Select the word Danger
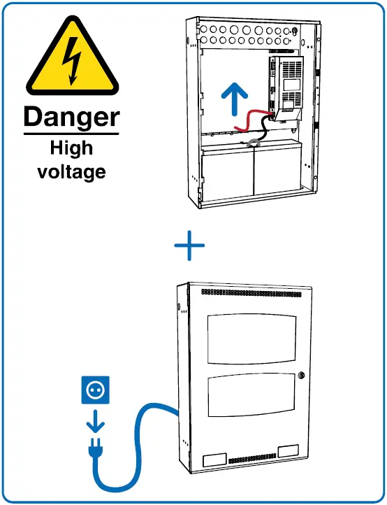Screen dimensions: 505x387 click(71, 118)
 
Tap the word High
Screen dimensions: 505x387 click(71, 148)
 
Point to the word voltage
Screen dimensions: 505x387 click(71, 171)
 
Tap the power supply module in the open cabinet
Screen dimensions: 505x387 click(287, 87)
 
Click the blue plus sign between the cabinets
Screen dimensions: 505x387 click(189, 246)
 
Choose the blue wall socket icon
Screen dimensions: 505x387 click(94, 390)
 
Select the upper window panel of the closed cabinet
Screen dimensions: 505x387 click(251, 339)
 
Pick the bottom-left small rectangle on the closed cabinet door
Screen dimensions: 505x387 click(214, 460)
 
